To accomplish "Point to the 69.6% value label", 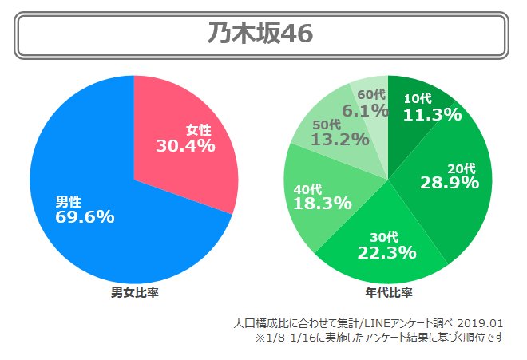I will [85, 216].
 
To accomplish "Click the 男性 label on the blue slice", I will [68, 201].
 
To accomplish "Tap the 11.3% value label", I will [432, 114].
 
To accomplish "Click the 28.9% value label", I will [450, 183].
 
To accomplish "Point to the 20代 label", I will [462, 168].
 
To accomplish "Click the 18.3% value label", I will [323, 203].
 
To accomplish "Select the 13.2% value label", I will [340, 140].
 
